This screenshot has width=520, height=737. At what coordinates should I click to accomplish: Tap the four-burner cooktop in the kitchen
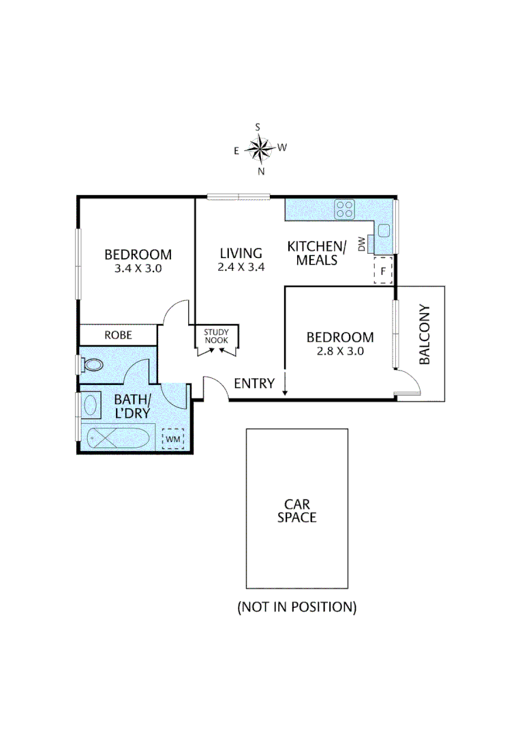(x=344, y=209)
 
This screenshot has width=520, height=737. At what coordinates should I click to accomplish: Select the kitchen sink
(x=384, y=230)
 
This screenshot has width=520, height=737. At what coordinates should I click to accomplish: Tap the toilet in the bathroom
(x=91, y=364)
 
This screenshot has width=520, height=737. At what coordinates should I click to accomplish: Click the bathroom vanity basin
(x=91, y=405)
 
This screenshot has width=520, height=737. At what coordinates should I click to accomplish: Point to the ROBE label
(x=118, y=335)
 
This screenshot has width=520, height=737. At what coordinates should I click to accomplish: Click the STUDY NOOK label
(x=217, y=335)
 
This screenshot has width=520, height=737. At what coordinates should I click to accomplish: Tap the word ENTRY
(x=254, y=384)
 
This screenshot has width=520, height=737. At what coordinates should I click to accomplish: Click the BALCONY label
(x=425, y=334)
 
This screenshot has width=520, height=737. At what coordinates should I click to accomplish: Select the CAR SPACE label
(x=296, y=510)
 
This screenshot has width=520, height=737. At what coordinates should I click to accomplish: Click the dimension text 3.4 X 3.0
(x=138, y=268)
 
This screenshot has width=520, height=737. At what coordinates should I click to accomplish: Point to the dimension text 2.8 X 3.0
(x=340, y=351)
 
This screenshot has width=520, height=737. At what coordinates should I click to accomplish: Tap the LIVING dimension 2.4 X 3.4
(x=241, y=267)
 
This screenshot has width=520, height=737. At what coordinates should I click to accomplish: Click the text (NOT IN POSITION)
(x=296, y=607)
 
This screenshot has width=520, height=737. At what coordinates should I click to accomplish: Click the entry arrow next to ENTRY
(x=285, y=386)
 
